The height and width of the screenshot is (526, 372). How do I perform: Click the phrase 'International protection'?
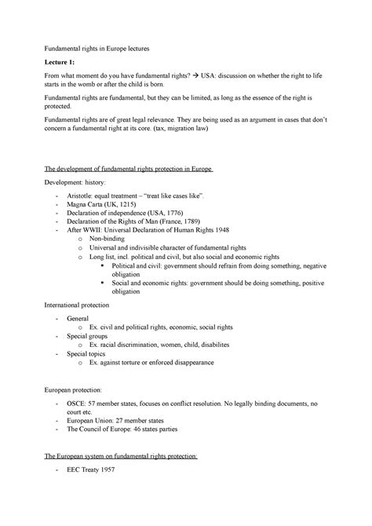tap(87, 302)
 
